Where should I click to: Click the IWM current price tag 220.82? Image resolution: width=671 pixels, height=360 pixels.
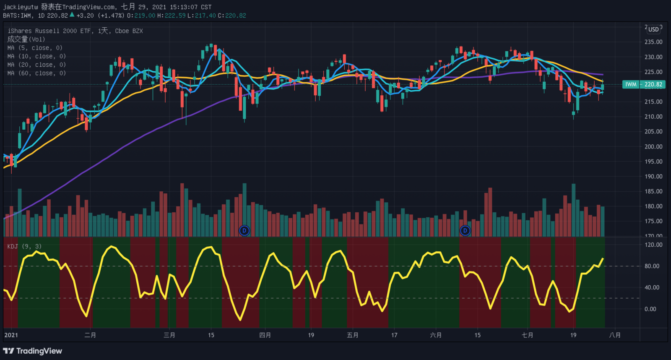coord(644,84)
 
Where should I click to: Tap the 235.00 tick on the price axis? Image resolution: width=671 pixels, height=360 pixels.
coord(653,42)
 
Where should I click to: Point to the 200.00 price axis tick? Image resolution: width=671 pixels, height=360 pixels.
coord(653,146)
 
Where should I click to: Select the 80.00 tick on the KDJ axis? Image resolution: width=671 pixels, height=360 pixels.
coord(652,266)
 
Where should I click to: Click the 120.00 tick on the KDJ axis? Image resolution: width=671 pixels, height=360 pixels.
coord(653,245)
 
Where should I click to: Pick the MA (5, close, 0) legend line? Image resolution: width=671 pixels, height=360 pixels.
coord(35,48)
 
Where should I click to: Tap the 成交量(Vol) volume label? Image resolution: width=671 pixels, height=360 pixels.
coord(26,39)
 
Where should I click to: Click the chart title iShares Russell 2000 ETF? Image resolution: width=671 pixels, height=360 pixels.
coord(49,31)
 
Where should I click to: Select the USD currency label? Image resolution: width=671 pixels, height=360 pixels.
coord(653,29)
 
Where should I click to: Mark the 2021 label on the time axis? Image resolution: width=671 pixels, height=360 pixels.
coord(11,335)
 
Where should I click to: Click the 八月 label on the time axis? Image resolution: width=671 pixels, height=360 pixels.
coord(615,335)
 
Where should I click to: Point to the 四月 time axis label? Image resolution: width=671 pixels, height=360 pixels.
coord(265,335)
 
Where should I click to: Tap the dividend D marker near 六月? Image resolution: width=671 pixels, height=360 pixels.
coord(465,230)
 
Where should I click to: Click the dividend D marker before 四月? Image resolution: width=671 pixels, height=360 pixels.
coord(244,230)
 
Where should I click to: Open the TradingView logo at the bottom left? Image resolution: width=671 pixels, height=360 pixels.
coord(33,351)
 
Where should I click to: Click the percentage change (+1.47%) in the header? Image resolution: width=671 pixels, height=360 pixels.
coord(111,16)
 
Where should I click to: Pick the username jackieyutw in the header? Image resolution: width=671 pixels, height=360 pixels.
coord(20,7)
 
